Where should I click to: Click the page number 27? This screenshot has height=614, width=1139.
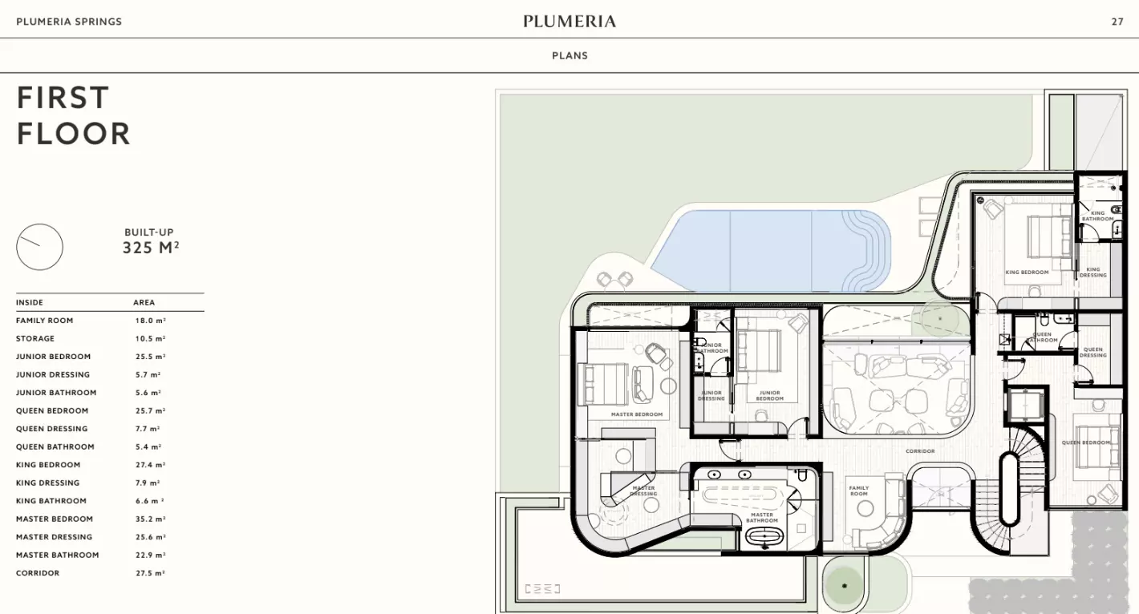(1117, 22)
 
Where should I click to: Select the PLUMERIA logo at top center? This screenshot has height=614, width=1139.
(569, 22)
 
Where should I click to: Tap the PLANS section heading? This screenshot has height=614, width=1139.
(569, 55)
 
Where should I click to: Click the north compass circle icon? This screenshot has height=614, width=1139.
(39, 247)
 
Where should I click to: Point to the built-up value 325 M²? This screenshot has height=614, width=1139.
(150, 248)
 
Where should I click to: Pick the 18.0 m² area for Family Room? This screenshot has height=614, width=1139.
(150, 321)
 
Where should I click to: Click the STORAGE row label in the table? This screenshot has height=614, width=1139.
(35, 338)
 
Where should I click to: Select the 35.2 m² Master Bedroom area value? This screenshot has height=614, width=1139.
(150, 519)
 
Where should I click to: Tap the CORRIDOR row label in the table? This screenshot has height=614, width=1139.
(38, 573)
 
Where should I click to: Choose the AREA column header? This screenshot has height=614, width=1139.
(144, 302)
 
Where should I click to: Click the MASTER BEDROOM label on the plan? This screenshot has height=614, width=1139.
(637, 414)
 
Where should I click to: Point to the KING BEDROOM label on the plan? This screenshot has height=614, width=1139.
(1027, 273)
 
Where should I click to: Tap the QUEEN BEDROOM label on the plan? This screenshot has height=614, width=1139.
(1086, 442)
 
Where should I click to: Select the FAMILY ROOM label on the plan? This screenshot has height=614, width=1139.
(859, 491)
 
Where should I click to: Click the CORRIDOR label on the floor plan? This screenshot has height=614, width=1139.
(920, 451)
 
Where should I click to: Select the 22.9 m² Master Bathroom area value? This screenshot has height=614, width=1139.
(150, 555)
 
